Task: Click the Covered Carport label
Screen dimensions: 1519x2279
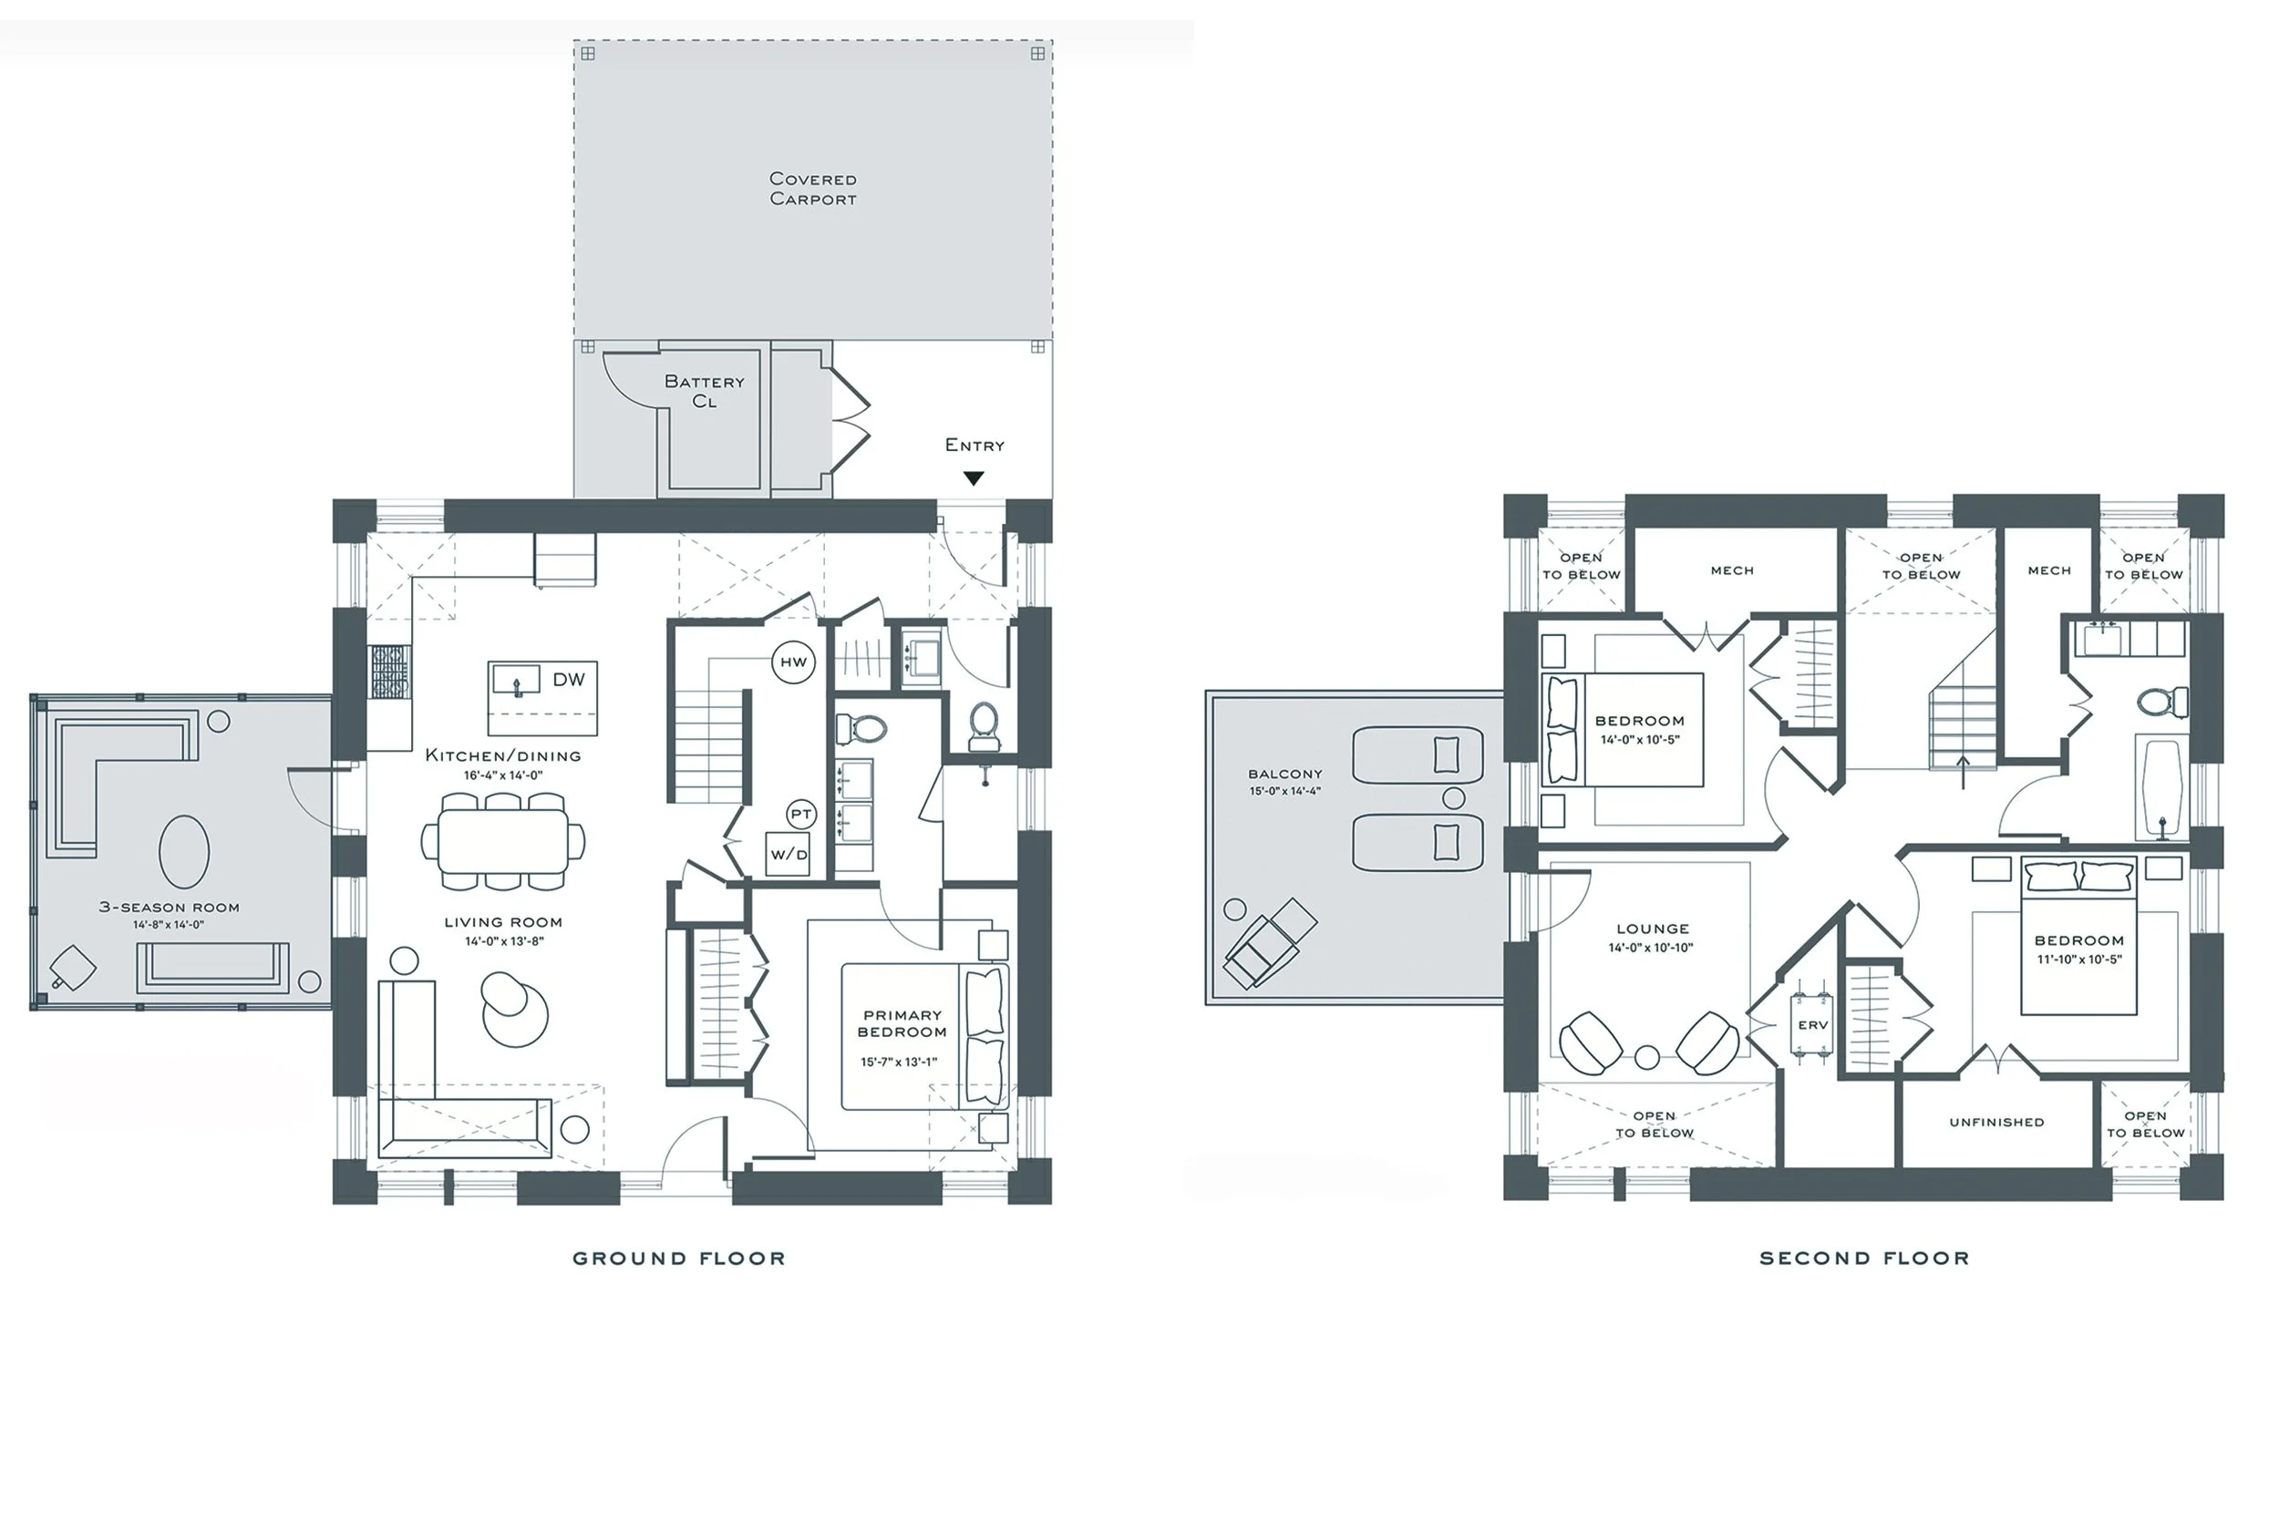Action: [x=812, y=189]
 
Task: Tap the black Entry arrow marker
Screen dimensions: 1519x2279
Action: [x=974, y=478]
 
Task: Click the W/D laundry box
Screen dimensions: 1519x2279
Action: [x=788, y=855]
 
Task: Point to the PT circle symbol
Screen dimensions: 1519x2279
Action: [x=800, y=814]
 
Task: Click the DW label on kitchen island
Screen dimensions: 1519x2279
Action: [x=569, y=680]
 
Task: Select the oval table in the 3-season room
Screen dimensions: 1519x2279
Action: [x=183, y=851]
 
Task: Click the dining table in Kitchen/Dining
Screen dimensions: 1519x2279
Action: [x=503, y=841]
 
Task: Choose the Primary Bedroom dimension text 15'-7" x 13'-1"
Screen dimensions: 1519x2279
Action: [x=898, y=1062]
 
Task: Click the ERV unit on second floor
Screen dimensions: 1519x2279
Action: [x=1812, y=1025]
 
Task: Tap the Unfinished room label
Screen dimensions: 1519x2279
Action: [x=1996, y=1122]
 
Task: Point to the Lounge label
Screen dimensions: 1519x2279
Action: [x=1652, y=928]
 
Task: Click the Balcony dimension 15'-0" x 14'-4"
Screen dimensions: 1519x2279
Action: [x=1284, y=792]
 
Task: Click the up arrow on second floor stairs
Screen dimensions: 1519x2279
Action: [x=1963, y=771]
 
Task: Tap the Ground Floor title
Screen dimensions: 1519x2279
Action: [x=678, y=1258]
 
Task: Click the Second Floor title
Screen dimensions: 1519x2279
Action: [x=1863, y=1258]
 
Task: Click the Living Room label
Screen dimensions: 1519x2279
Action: [x=503, y=922]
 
